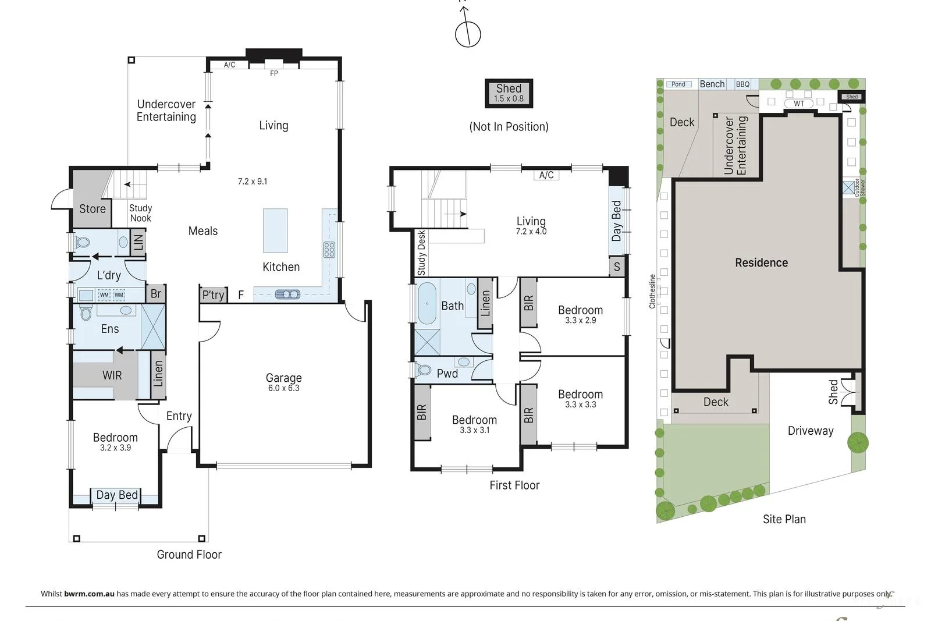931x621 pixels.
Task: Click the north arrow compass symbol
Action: pyautogui.click(x=467, y=33)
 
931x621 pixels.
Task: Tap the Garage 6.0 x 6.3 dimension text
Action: pyautogui.click(x=283, y=388)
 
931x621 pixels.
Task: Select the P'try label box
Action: pyautogui.click(x=213, y=294)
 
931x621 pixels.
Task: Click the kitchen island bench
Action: pyautogui.click(x=275, y=230)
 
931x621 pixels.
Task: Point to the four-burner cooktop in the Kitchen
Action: pyautogui.click(x=329, y=250)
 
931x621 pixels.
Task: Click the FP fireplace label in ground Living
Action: pyautogui.click(x=274, y=73)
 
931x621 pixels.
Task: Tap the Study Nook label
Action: pyautogui.click(x=140, y=213)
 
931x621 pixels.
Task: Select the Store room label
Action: pyautogui.click(x=93, y=208)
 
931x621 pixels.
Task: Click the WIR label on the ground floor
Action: pyautogui.click(x=112, y=375)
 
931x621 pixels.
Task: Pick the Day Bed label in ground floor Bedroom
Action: pyautogui.click(x=116, y=495)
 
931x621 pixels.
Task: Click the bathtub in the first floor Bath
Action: pyautogui.click(x=427, y=303)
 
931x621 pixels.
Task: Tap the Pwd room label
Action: pyautogui.click(x=447, y=374)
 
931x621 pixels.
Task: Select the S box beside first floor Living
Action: pyautogui.click(x=617, y=267)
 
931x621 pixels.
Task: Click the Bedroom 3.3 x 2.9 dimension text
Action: pyautogui.click(x=580, y=320)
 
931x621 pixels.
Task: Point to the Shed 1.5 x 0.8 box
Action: pyautogui.click(x=509, y=93)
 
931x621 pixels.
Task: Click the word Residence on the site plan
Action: pyautogui.click(x=761, y=262)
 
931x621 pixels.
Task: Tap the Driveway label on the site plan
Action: pyautogui.click(x=810, y=431)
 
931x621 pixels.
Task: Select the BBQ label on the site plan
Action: pyautogui.click(x=742, y=84)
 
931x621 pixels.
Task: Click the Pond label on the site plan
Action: pyautogui.click(x=678, y=84)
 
